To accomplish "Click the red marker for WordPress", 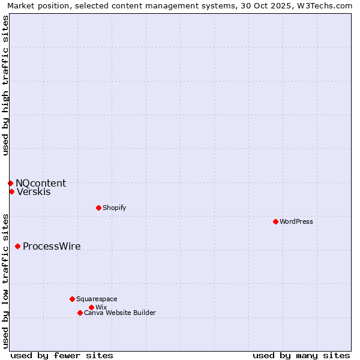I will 275,221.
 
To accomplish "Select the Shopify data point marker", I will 98,208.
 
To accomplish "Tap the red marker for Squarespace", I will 72,299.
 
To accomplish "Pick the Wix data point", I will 91,307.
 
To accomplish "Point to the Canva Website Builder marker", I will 80,313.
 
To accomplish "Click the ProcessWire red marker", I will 17,246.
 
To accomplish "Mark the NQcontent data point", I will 10,183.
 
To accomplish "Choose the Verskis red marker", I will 11,191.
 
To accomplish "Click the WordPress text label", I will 296,221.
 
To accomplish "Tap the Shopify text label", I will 114,208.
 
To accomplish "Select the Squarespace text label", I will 97,299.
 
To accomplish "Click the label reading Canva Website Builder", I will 120,313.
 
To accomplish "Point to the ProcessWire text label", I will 52,246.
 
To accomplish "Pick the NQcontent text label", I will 41,183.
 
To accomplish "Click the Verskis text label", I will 34,192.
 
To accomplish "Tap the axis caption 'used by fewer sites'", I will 62,355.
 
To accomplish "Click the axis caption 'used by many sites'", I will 301,355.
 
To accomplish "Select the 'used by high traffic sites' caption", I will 5,85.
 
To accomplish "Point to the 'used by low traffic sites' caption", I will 5,280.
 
